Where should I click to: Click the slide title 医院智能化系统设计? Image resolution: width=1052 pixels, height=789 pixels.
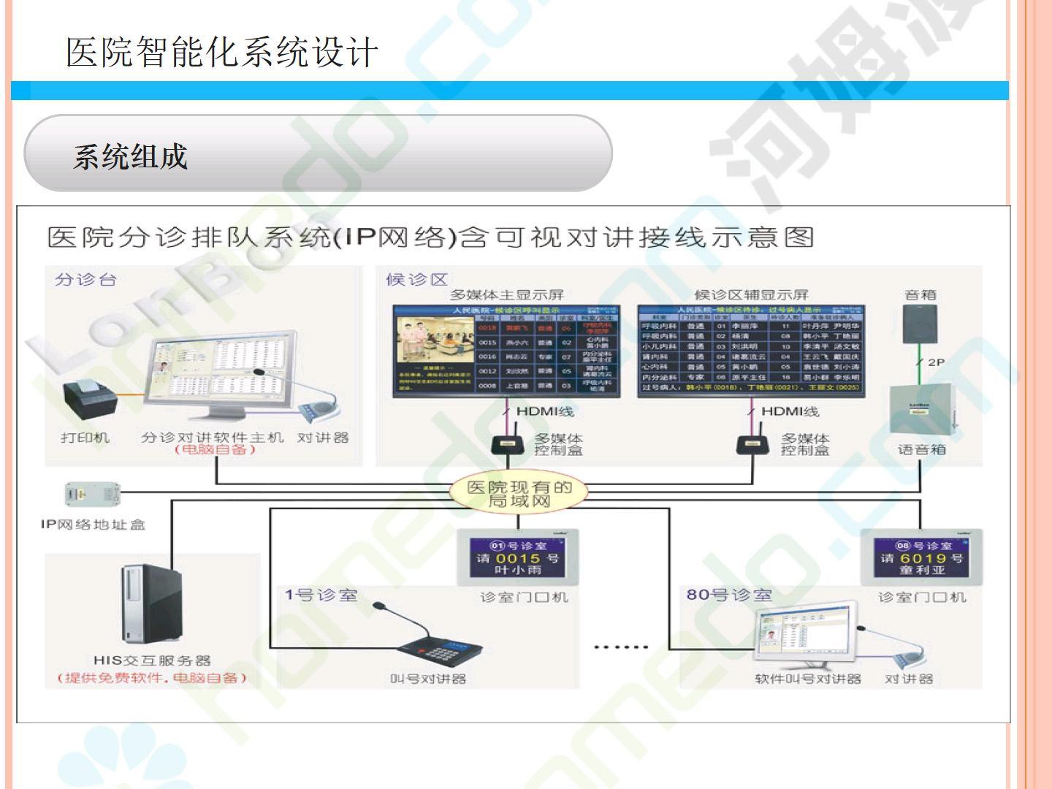click(x=222, y=53)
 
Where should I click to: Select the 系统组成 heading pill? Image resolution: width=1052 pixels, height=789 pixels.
click(x=318, y=153)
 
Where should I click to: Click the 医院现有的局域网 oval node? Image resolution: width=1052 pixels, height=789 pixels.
click(x=519, y=493)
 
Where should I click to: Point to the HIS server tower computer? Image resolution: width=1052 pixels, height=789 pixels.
click(x=151, y=603)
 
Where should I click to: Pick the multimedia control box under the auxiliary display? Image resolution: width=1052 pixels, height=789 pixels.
click(x=752, y=444)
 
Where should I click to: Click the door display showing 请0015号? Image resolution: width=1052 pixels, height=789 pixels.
click(x=518, y=557)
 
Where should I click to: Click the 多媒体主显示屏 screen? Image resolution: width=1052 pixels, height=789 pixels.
click(x=506, y=351)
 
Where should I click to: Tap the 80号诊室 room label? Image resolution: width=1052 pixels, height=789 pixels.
click(x=729, y=595)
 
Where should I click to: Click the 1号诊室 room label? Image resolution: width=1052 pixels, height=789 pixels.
click(x=321, y=595)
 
